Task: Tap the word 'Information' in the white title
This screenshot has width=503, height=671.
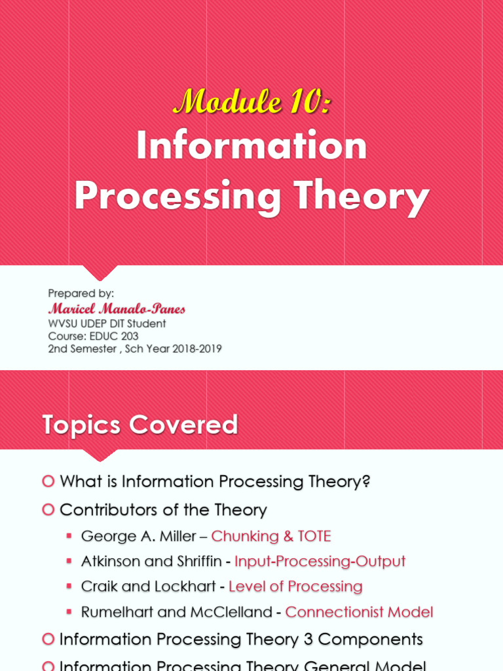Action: pos(251,146)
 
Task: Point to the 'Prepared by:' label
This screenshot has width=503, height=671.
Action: pos(81,294)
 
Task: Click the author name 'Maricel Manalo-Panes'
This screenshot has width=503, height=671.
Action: pos(117,309)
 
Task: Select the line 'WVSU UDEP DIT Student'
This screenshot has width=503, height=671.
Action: pos(107,324)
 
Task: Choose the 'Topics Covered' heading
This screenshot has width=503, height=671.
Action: pos(140,425)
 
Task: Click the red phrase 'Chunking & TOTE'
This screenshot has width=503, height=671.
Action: pos(271,537)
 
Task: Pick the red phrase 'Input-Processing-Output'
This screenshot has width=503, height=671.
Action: pos(320,562)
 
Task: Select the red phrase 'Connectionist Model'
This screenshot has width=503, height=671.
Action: pos(359,612)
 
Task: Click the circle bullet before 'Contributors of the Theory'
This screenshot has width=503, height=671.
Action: pos(48,509)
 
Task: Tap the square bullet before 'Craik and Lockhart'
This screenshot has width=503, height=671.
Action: pos(69,586)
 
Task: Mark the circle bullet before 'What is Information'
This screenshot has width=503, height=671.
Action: pos(48,482)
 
